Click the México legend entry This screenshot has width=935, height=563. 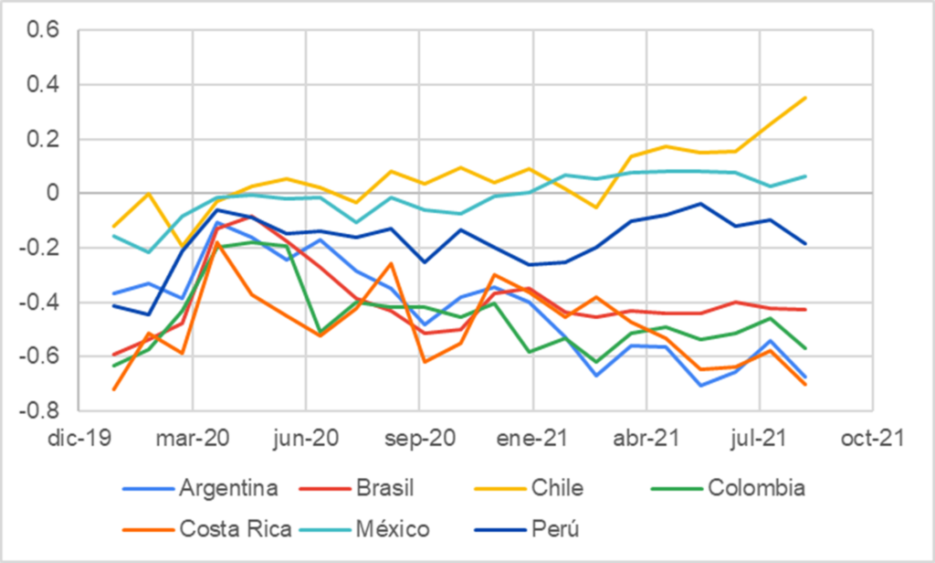click(395, 528)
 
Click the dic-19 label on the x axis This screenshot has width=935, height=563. click(79, 440)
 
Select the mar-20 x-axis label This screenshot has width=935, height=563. click(192, 440)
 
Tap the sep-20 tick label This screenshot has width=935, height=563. click(419, 440)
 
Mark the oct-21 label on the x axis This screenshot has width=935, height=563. click(873, 440)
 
